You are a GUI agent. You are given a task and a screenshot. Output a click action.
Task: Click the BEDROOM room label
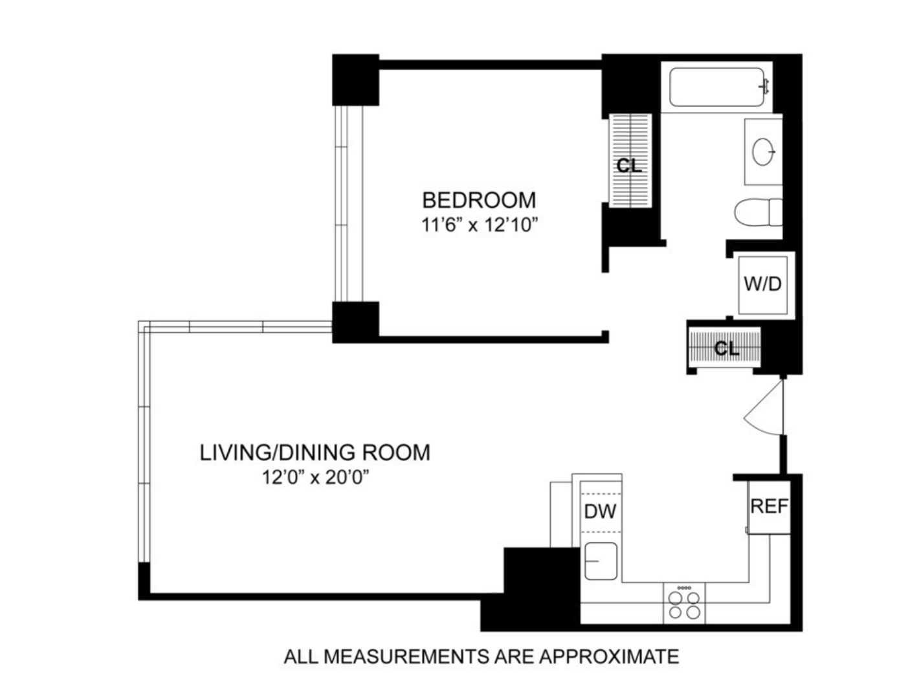pyautogui.click(x=479, y=199)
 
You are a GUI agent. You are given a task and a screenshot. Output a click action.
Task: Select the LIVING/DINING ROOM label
pyautogui.click(x=315, y=452)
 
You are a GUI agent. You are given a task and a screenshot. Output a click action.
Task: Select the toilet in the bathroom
pyautogui.click(x=757, y=212)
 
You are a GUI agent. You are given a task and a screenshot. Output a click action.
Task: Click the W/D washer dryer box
pyautogui.click(x=763, y=284)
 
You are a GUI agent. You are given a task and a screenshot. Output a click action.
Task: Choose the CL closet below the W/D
pyautogui.click(x=725, y=348)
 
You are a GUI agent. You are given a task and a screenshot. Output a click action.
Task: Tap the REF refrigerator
pyautogui.click(x=769, y=506)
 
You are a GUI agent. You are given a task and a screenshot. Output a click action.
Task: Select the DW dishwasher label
pyautogui.click(x=600, y=511)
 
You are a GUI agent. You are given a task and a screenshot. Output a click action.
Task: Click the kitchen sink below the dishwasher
pyautogui.click(x=601, y=561)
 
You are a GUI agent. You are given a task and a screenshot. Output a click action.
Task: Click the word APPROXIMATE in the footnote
pyautogui.click(x=609, y=656)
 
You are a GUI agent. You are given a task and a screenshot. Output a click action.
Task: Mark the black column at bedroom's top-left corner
pyautogui.click(x=355, y=80)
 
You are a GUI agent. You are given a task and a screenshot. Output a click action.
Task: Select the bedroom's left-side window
pyautogui.click(x=349, y=203)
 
